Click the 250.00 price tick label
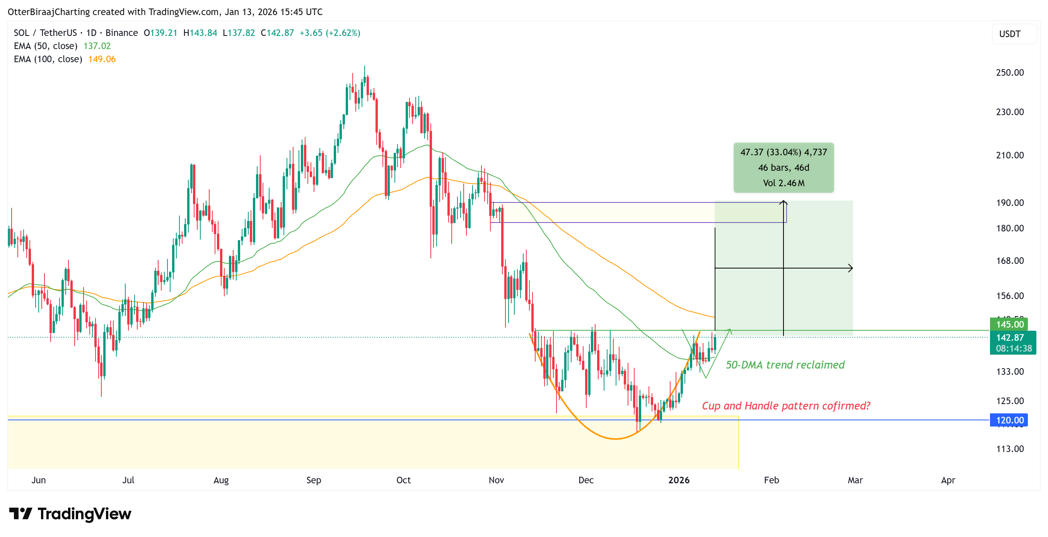(x=1010, y=73)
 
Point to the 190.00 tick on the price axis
(x=1010, y=203)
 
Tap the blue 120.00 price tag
(x=1009, y=420)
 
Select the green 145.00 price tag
(x=1009, y=325)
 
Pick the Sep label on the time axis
(x=313, y=480)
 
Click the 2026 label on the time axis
(x=679, y=480)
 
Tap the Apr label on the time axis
(x=948, y=480)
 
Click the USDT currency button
(x=1010, y=34)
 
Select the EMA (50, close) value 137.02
(x=97, y=46)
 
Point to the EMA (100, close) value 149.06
(x=102, y=59)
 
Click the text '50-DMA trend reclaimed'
(x=785, y=365)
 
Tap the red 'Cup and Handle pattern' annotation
(x=786, y=406)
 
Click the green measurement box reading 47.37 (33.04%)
(x=783, y=168)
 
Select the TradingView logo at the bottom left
(x=70, y=514)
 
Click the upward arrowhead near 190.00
(x=783, y=202)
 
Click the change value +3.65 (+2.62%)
(x=330, y=33)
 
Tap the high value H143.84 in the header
(x=200, y=33)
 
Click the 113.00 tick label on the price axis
(x=1010, y=449)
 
